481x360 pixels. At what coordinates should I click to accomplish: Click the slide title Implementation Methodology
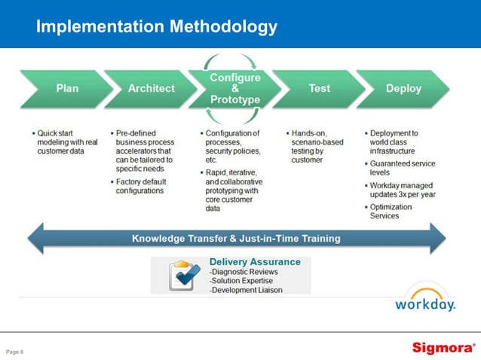click(157, 27)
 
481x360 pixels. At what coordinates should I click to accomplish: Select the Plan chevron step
click(67, 88)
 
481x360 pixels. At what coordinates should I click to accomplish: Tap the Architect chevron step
click(151, 88)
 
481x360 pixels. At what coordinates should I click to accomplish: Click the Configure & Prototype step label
click(235, 88)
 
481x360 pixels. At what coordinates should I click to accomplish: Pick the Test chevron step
click(319, 88)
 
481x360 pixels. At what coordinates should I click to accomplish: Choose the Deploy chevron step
click(403, 88)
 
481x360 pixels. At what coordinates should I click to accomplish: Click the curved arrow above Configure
click(235, 59)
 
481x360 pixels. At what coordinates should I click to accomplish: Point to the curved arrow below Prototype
click(235, 117)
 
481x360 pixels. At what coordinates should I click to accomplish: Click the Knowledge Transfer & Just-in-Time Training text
click(236, 238)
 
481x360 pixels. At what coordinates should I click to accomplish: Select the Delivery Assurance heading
click(254, 262)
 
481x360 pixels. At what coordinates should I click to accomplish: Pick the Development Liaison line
click(247, 289)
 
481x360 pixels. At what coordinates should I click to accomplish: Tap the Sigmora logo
click(443, 348)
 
